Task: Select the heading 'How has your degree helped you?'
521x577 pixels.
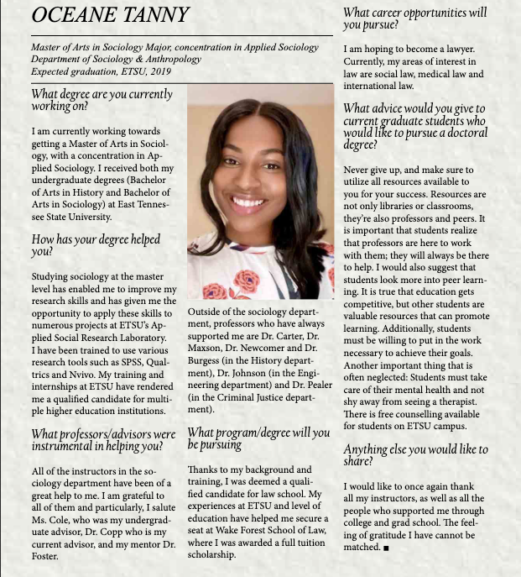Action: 95,245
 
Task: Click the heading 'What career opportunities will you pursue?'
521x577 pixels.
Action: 414,18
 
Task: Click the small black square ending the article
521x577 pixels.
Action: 386,548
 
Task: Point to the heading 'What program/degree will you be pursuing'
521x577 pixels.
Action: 258,438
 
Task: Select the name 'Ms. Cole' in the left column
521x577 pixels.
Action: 46,519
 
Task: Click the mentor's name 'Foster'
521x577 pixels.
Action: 47,555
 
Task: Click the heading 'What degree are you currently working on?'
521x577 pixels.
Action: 102,100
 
